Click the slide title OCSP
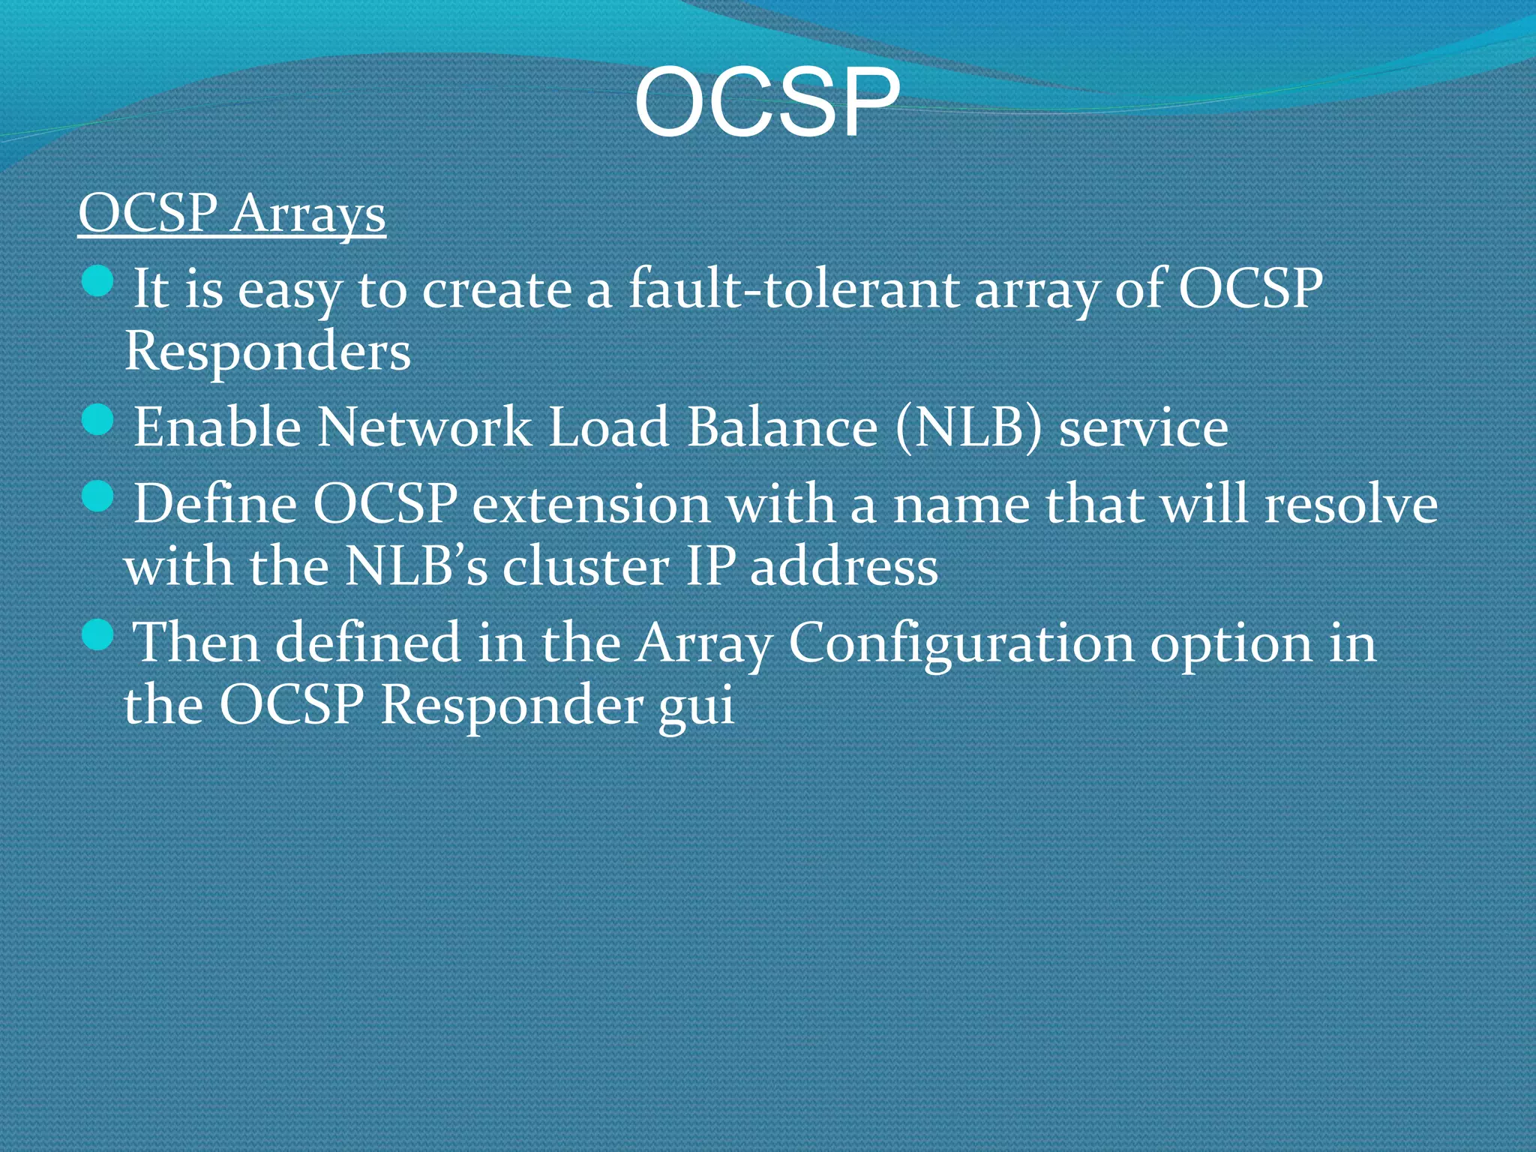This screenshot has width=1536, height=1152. point(766,103)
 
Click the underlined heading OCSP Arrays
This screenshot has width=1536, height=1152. point(232,214)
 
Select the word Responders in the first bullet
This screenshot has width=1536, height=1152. point(268,351)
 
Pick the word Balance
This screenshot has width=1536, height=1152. point(782,427)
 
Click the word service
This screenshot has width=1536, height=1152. point(1143,427)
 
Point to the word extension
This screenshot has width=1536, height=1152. point(591,504)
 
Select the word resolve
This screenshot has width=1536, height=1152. point(1351,504)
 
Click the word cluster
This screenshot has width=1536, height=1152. point(586,566)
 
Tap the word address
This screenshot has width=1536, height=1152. point(844,566)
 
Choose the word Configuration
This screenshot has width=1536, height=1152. point(961,643)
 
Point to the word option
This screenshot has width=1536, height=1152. point(1231,643)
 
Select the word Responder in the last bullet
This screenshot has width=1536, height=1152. point(511,705)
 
